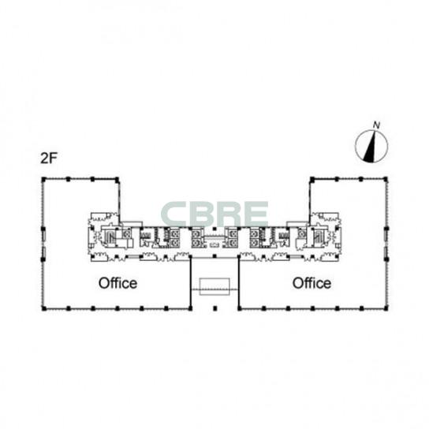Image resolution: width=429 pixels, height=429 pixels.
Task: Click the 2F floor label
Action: (49, 158)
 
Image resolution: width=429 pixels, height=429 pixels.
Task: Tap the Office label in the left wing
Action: (118, 283)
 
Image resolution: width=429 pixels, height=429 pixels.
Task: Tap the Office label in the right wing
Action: (311, 283)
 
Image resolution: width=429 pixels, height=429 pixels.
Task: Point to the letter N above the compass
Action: (377, 125)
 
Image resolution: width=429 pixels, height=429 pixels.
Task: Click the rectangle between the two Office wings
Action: (214, 286)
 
